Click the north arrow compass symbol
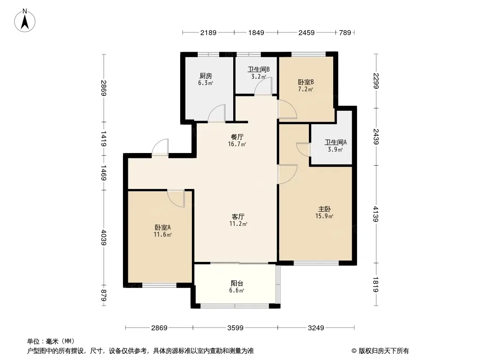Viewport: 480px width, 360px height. pos(25,21)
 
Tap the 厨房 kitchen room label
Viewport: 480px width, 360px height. pos(205,76)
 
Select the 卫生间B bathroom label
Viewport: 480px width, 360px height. pos(258,69)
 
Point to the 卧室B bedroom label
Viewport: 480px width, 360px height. pos(306,82)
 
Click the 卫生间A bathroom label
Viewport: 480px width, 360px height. pos(335,142)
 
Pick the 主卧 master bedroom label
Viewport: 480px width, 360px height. pos(325,209)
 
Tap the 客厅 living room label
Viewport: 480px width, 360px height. pos(238,216)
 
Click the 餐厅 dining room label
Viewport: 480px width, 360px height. pos(237,137)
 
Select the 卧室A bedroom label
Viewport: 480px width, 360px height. pos(163,228)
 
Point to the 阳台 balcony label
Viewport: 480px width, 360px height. pos(237,283)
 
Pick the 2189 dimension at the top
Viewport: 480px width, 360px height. pos(208,32)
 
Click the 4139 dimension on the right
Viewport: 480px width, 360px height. pos(376,214)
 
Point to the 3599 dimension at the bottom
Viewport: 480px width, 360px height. pos(235,328)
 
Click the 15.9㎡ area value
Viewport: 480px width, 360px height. pos(324,216)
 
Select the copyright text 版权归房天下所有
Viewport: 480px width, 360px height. pos(384,351)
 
